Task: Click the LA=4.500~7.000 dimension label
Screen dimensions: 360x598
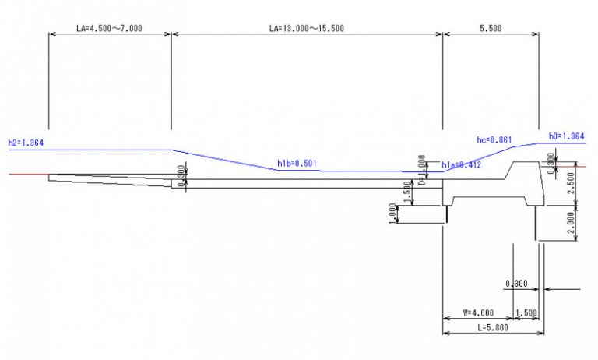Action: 109,28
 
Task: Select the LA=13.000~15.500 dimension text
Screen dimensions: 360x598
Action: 306,28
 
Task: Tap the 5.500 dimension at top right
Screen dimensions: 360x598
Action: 490,28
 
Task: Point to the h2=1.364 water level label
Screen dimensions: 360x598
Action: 25,143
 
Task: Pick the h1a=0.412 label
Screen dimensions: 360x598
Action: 461,165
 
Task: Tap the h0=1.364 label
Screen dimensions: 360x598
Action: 566,136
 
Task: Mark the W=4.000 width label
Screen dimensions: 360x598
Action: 479,312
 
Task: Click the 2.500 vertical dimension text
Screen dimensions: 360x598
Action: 573,185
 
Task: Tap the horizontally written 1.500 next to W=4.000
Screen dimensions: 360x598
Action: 527,312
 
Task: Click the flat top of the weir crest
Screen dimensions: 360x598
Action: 522,163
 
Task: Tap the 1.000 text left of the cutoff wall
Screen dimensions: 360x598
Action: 392,214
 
